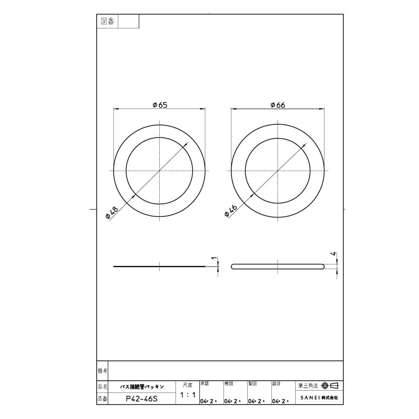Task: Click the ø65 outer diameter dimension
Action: [x=160, y=105]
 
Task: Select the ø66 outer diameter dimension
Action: [x=278, y=105]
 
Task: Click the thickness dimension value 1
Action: [x=214, y=258]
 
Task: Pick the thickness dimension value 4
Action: [x=333, y=254]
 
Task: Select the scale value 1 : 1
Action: [x=187, y=395]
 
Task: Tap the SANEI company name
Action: [x=319, y=399]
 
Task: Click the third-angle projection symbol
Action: [x=331, y=385]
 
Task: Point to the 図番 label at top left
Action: [x=108, y=21]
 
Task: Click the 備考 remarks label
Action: [x=102, y=371]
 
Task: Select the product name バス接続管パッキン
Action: [x=142, y=386]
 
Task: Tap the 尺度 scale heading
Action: [x=187, y=385]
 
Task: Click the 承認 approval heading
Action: [x=204, y=384]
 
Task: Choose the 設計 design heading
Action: [x=276, y=384]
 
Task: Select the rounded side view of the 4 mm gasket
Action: [x=278, y=266]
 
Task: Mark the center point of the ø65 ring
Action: [x=159, y=171]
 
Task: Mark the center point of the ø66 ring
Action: [x=278, y=171]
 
